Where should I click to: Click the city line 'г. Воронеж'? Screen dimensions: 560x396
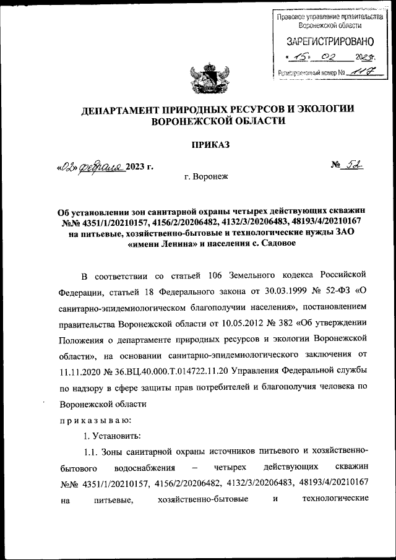pos(206,176)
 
